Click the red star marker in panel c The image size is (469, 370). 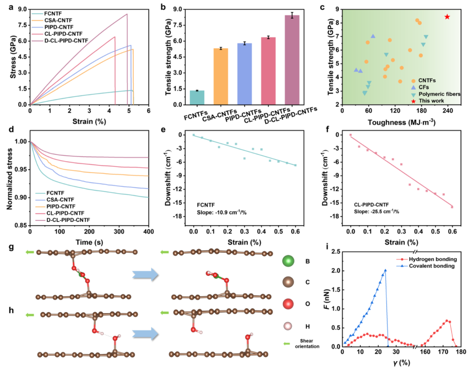447,17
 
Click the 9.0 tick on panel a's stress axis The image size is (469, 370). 20,10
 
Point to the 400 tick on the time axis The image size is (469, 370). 148,233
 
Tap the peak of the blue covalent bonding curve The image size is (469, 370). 385,270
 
